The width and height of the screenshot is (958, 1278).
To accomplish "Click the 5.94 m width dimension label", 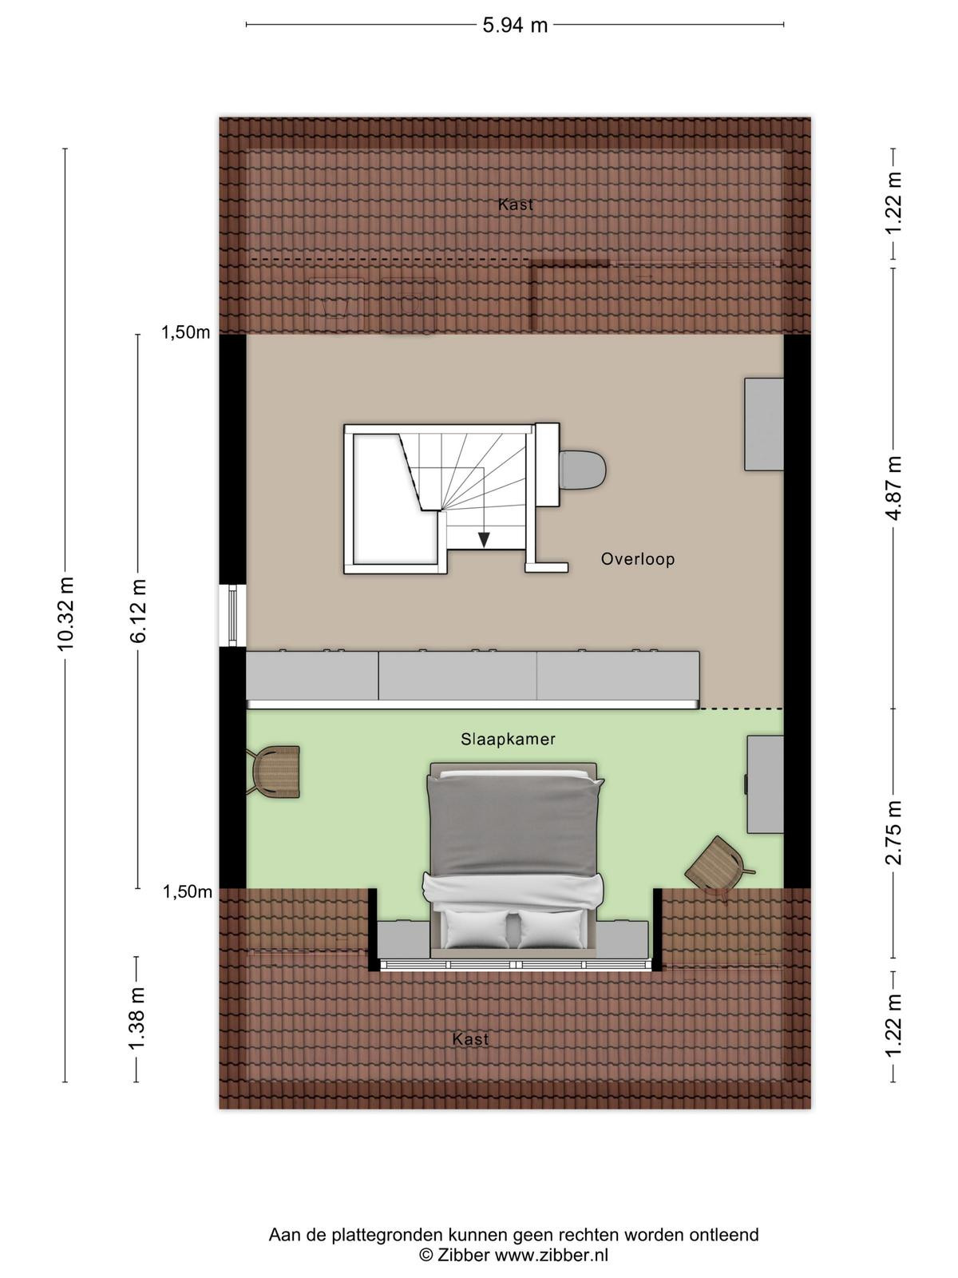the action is [x=515, y=25].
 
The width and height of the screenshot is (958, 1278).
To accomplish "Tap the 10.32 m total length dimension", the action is [x=65, y=613].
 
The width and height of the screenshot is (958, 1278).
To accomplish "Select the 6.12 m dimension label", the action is [x=138, y=611].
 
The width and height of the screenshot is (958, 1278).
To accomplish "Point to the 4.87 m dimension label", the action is [x=893, y=488].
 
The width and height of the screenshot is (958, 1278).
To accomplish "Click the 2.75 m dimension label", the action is [x=893, y=832].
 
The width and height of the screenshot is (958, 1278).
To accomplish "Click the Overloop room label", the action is [x=638, y=560].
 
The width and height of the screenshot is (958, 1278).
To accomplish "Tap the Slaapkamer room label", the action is [x=508, y=740].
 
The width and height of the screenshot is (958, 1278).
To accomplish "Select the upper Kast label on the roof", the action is [x=516, y=204].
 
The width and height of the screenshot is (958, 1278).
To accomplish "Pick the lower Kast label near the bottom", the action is [x=470, y=1039].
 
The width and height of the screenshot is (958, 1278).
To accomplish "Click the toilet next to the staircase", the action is [x=582, y=470].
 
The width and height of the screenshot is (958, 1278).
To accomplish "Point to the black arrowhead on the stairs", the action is [x=483, y=540].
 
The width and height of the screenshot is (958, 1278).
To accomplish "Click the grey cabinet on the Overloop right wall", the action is [x=764, y=424].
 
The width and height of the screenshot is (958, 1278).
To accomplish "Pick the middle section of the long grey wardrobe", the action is [x=457, y=676].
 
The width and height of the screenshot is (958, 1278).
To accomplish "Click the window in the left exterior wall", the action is [x=232, y=615].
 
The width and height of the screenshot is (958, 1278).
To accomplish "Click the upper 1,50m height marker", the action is [x=185, y=332].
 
